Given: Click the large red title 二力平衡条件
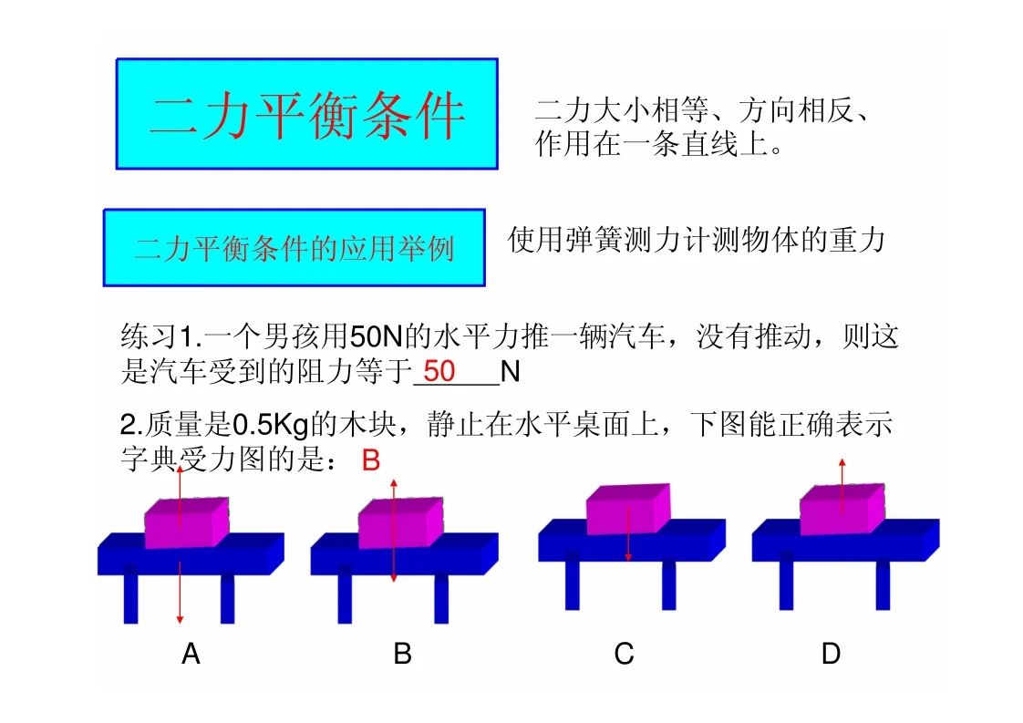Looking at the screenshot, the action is coord(307,116).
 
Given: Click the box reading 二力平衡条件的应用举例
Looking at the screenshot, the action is coord(294,248).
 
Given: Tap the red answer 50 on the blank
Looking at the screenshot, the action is coord(439,371).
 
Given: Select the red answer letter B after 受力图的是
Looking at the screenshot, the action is coord(370,460).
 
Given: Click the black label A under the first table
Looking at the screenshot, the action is coord(191,653).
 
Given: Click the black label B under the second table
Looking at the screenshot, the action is coord(403,653).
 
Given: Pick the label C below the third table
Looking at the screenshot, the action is coord(624,653).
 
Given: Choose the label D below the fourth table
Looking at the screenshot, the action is coord(831,653).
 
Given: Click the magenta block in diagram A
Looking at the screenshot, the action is coord(187,522).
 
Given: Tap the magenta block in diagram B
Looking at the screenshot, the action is coord(400,522).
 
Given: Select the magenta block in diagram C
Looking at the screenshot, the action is coord(628,509).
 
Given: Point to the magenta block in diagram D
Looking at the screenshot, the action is coord(842,509).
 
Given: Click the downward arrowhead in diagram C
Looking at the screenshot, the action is coord(628,556).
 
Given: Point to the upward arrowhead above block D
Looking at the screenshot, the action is coord(842,462).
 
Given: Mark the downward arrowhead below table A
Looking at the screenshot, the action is coord(180,619).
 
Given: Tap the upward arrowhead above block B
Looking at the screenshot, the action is coord(394,483).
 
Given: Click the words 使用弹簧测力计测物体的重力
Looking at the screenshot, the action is coord(697,240).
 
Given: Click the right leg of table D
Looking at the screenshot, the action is coord(883,585).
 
